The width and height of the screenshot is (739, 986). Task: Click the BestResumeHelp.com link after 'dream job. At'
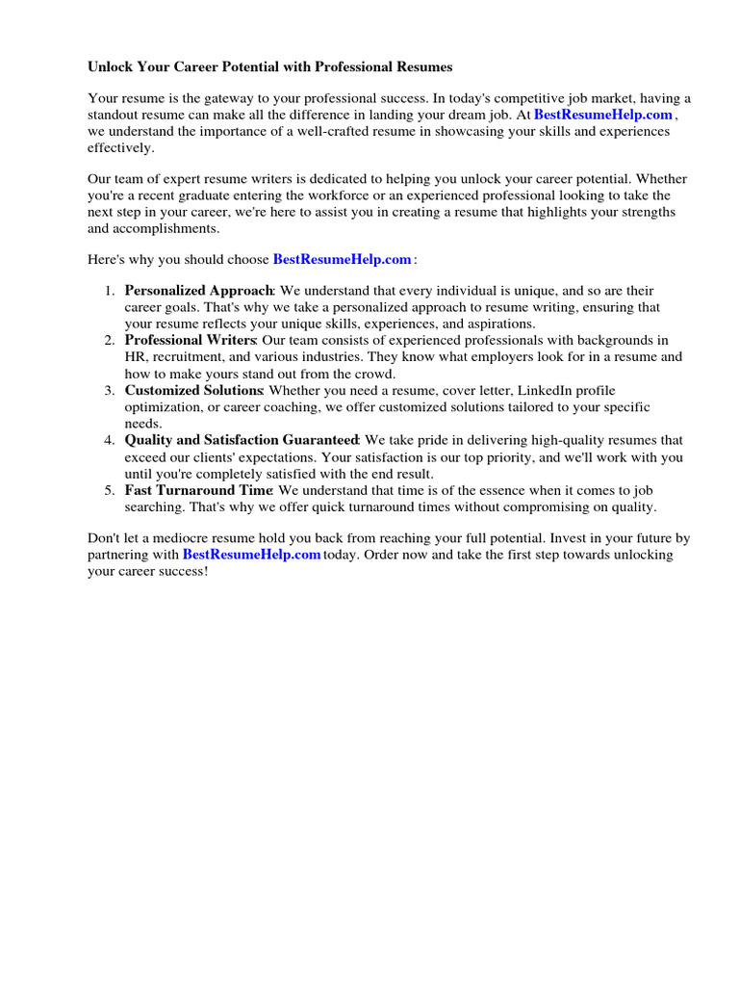pos(603,115)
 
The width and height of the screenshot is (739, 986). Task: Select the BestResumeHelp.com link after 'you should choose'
pos(343,259)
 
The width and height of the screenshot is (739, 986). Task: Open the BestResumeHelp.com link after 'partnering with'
pos(251,555)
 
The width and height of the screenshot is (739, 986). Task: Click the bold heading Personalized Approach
pos(199,290)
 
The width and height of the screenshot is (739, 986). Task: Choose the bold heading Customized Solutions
pos(193,390)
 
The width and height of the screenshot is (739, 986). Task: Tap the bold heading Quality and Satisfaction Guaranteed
pos(242,440)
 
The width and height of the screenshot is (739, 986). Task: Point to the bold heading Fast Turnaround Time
pos(199,490)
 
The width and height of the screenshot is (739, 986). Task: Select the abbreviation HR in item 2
pos(136,356)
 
